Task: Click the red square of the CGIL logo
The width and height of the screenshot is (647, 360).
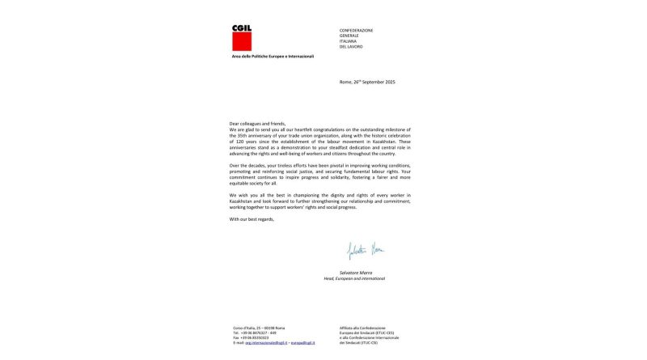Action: point(242,41)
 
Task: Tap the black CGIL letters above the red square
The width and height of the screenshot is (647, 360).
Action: point(242,28)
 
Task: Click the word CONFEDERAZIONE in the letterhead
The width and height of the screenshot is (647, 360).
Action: point(357,30)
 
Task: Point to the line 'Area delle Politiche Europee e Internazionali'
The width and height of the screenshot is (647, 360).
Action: point(273,56)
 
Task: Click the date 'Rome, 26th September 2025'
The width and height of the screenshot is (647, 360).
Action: point(367,83)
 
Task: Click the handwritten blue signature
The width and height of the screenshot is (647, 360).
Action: point(366,251)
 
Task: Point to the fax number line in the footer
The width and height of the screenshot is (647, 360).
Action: point(252,337)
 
